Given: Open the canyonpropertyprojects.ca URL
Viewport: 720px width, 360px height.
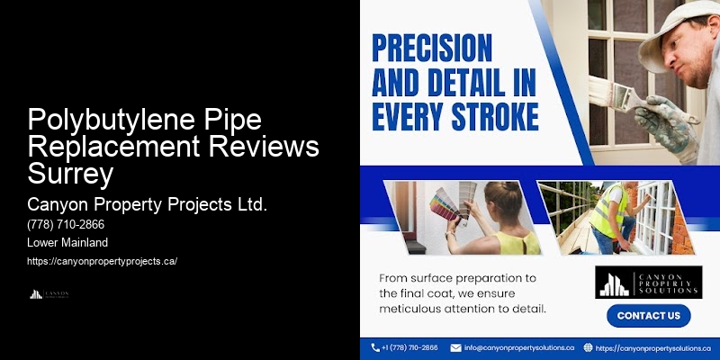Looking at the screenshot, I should point(103,261).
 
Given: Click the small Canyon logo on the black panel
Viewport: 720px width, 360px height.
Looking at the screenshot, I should point(49,293).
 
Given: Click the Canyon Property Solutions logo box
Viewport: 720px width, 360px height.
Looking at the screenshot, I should point(647,282).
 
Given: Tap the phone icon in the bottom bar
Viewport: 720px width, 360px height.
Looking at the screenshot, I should point(375,347).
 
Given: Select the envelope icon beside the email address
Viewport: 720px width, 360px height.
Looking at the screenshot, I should point(455,347).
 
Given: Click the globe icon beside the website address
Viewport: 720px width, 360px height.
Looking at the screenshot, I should point(588,347).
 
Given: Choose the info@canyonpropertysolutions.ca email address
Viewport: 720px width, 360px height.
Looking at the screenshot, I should point(519,347).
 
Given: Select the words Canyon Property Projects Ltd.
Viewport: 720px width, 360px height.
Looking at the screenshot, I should point(148,204).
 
